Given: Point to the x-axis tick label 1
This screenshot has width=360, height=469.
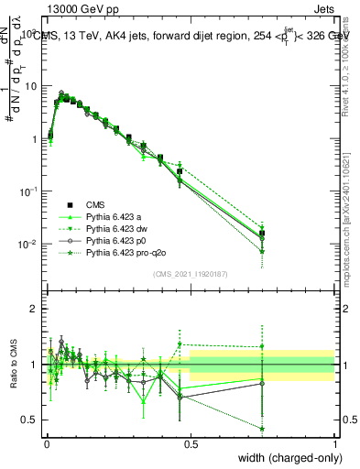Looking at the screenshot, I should click(x=334, y=444).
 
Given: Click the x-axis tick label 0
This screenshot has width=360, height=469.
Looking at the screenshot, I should click(x=46, y=444).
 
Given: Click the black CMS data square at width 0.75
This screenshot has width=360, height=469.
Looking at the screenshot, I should click(x=262, y=234).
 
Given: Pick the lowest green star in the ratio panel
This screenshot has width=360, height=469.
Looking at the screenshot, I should click(x=262, y=428).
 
